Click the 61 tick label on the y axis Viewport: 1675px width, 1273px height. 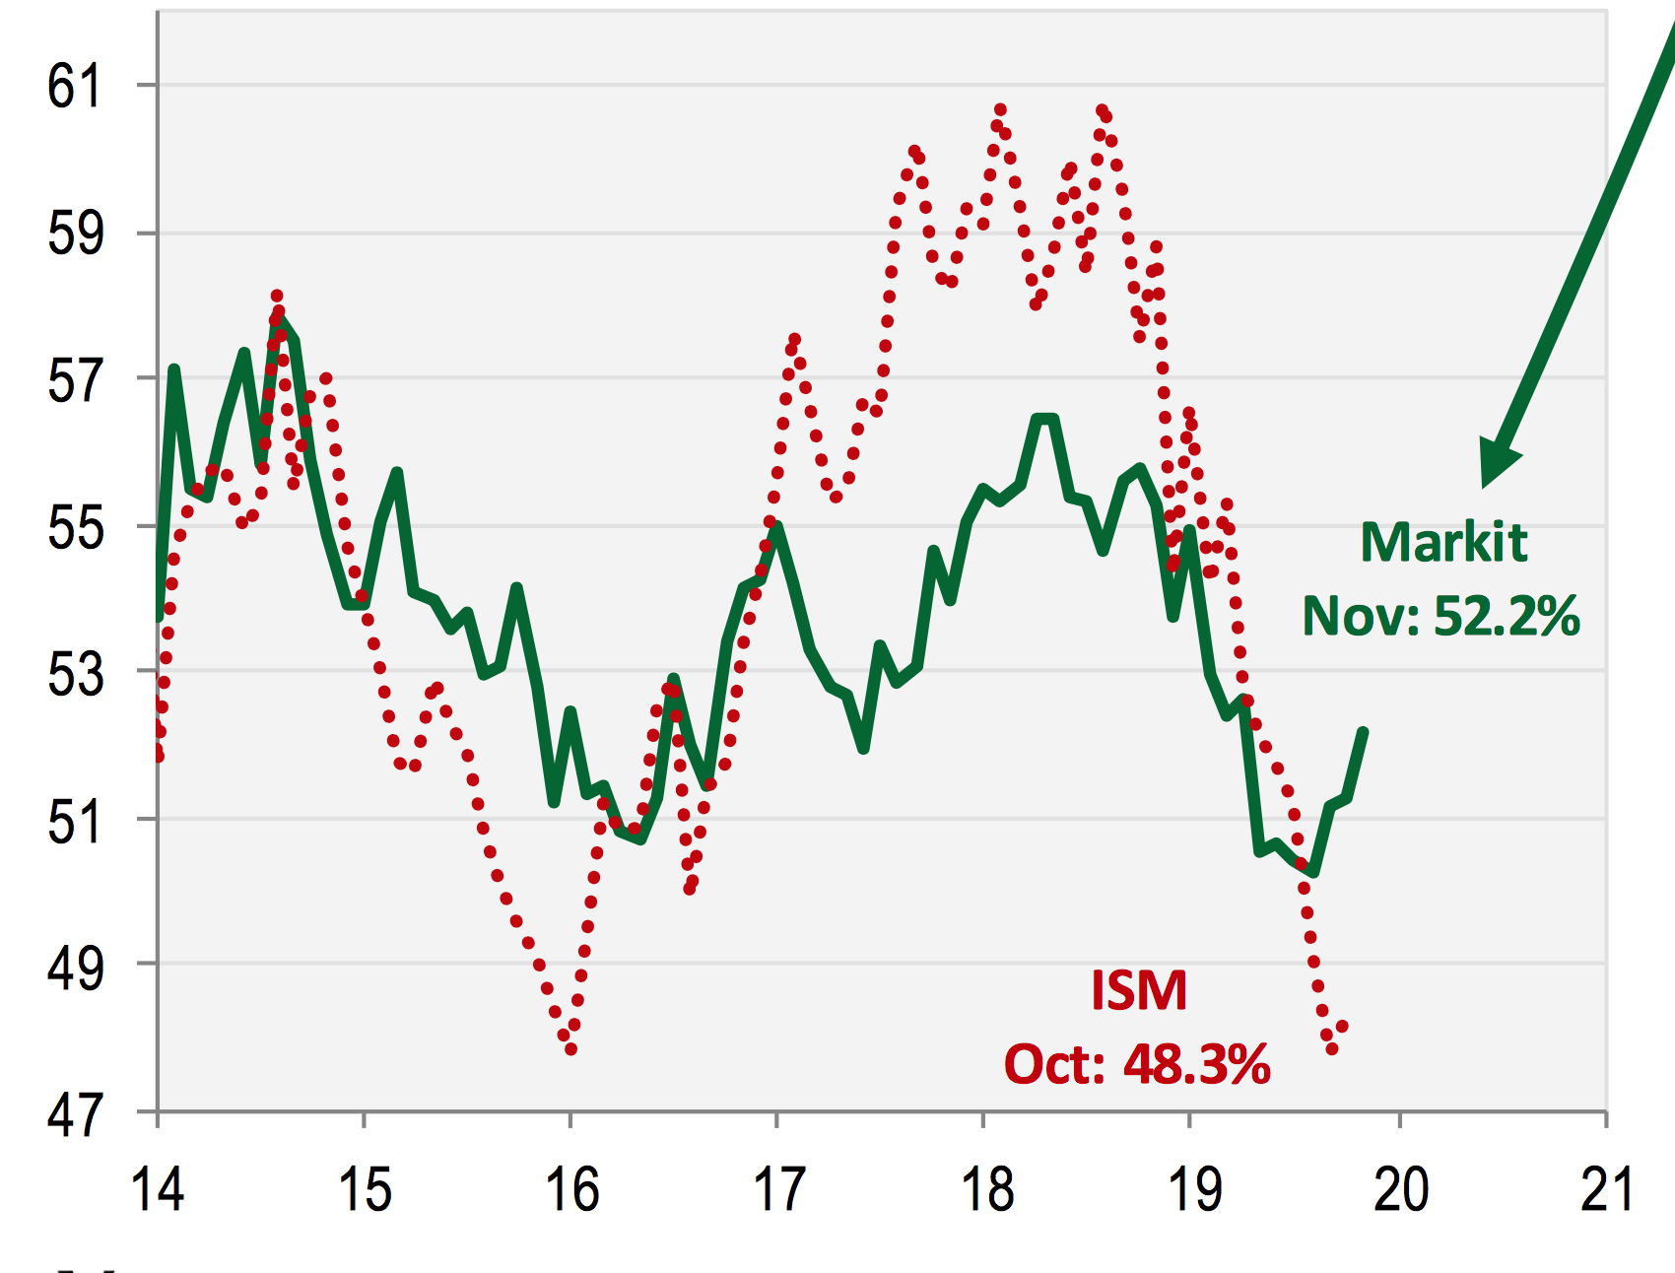point(74,86)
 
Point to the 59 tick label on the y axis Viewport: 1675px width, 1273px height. point(74,234)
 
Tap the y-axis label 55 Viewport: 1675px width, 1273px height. point(74,527)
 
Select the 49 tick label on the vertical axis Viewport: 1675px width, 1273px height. point(74,968)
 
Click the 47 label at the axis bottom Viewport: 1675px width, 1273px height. point(74,1114)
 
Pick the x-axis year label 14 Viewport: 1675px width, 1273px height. point(158,1188)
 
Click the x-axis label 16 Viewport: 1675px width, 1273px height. point(571,1188)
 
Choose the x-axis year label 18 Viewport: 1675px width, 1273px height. point(986,1188)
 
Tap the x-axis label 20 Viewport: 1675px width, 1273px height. point(1400,1188)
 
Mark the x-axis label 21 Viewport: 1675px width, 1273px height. point(1607,1188)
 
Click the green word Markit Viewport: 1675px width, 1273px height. point(1443,542)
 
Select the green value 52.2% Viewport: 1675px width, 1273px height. point(1507,617)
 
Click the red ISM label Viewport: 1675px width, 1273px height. point(1139,990)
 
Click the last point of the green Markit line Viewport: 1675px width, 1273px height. point(1364,731)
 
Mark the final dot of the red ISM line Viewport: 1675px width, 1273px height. point(1342,1027)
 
